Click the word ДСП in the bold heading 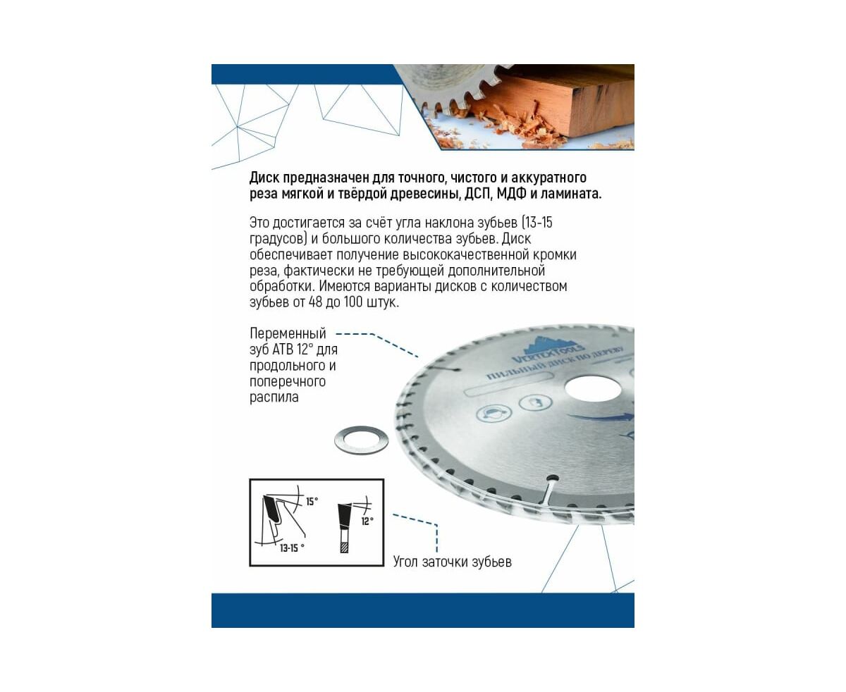pos(478,194)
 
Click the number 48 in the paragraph pos(315,302)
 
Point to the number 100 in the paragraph pos(353,302)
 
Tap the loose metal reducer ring pos(361,440)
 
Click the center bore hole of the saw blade pos(592,388)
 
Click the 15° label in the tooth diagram pos(312,502)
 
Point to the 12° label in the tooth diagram pos(367,521)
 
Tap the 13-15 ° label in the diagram pos(292,548)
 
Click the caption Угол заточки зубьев pos(452,562)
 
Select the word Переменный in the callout pos(288,334)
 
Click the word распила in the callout pos(274,397)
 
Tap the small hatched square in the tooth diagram pos(344,548)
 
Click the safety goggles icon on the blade pos(493,412)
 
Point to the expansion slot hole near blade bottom pos(552,478)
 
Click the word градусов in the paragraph pos(278,239)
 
